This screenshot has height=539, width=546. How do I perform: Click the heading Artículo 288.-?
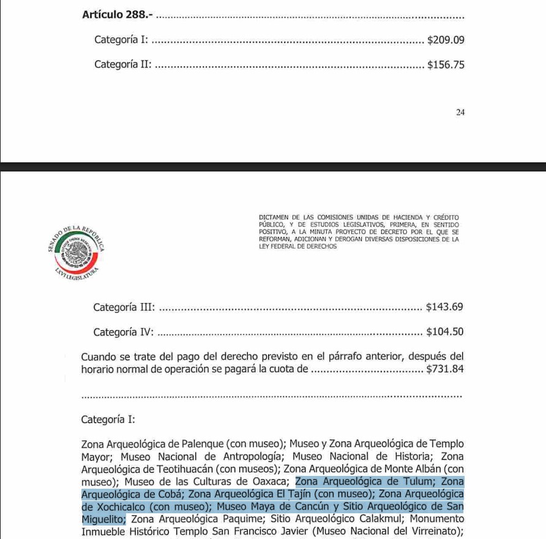coord(114,15)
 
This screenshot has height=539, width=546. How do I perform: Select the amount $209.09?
coord(446,40)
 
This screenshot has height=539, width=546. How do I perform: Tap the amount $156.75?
coord(446,64)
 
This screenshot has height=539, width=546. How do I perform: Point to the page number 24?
coord(460,112)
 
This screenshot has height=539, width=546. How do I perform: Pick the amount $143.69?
coord(444,307)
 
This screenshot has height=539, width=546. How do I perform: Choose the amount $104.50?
coord(444,332)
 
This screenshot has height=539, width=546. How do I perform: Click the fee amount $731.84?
coord(444,369)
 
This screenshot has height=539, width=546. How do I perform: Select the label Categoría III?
coord(124,307)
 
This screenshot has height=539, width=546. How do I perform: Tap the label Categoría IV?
coord(123,332)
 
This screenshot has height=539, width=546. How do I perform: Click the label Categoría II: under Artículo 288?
coord(123,64)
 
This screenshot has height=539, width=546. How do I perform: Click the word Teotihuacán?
coord(170,469)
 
